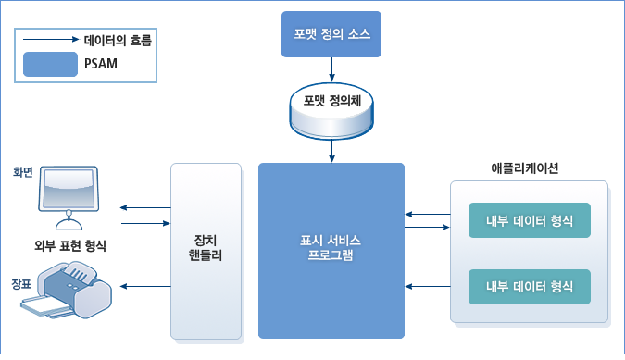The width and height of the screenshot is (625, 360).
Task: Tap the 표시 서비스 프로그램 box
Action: click(331, 250)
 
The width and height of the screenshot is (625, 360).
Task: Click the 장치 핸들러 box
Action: click(205, 250)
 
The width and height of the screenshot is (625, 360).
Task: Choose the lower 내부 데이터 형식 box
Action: click(530, 285)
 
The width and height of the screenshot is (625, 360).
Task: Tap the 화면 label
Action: click(23, 172)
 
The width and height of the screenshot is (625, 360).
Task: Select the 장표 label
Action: click(20, 282)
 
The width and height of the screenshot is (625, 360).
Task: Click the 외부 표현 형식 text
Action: click(69, 245)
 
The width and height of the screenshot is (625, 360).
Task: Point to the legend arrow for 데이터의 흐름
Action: click(50, 41)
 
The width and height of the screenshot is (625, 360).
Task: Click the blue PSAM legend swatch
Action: click(50, 64)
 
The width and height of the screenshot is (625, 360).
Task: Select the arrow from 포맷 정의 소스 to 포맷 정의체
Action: click(331, 69)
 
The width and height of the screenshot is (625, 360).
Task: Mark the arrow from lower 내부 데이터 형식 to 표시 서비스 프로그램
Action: click(427, 286)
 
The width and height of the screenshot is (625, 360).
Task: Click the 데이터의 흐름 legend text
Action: click(118, 41)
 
